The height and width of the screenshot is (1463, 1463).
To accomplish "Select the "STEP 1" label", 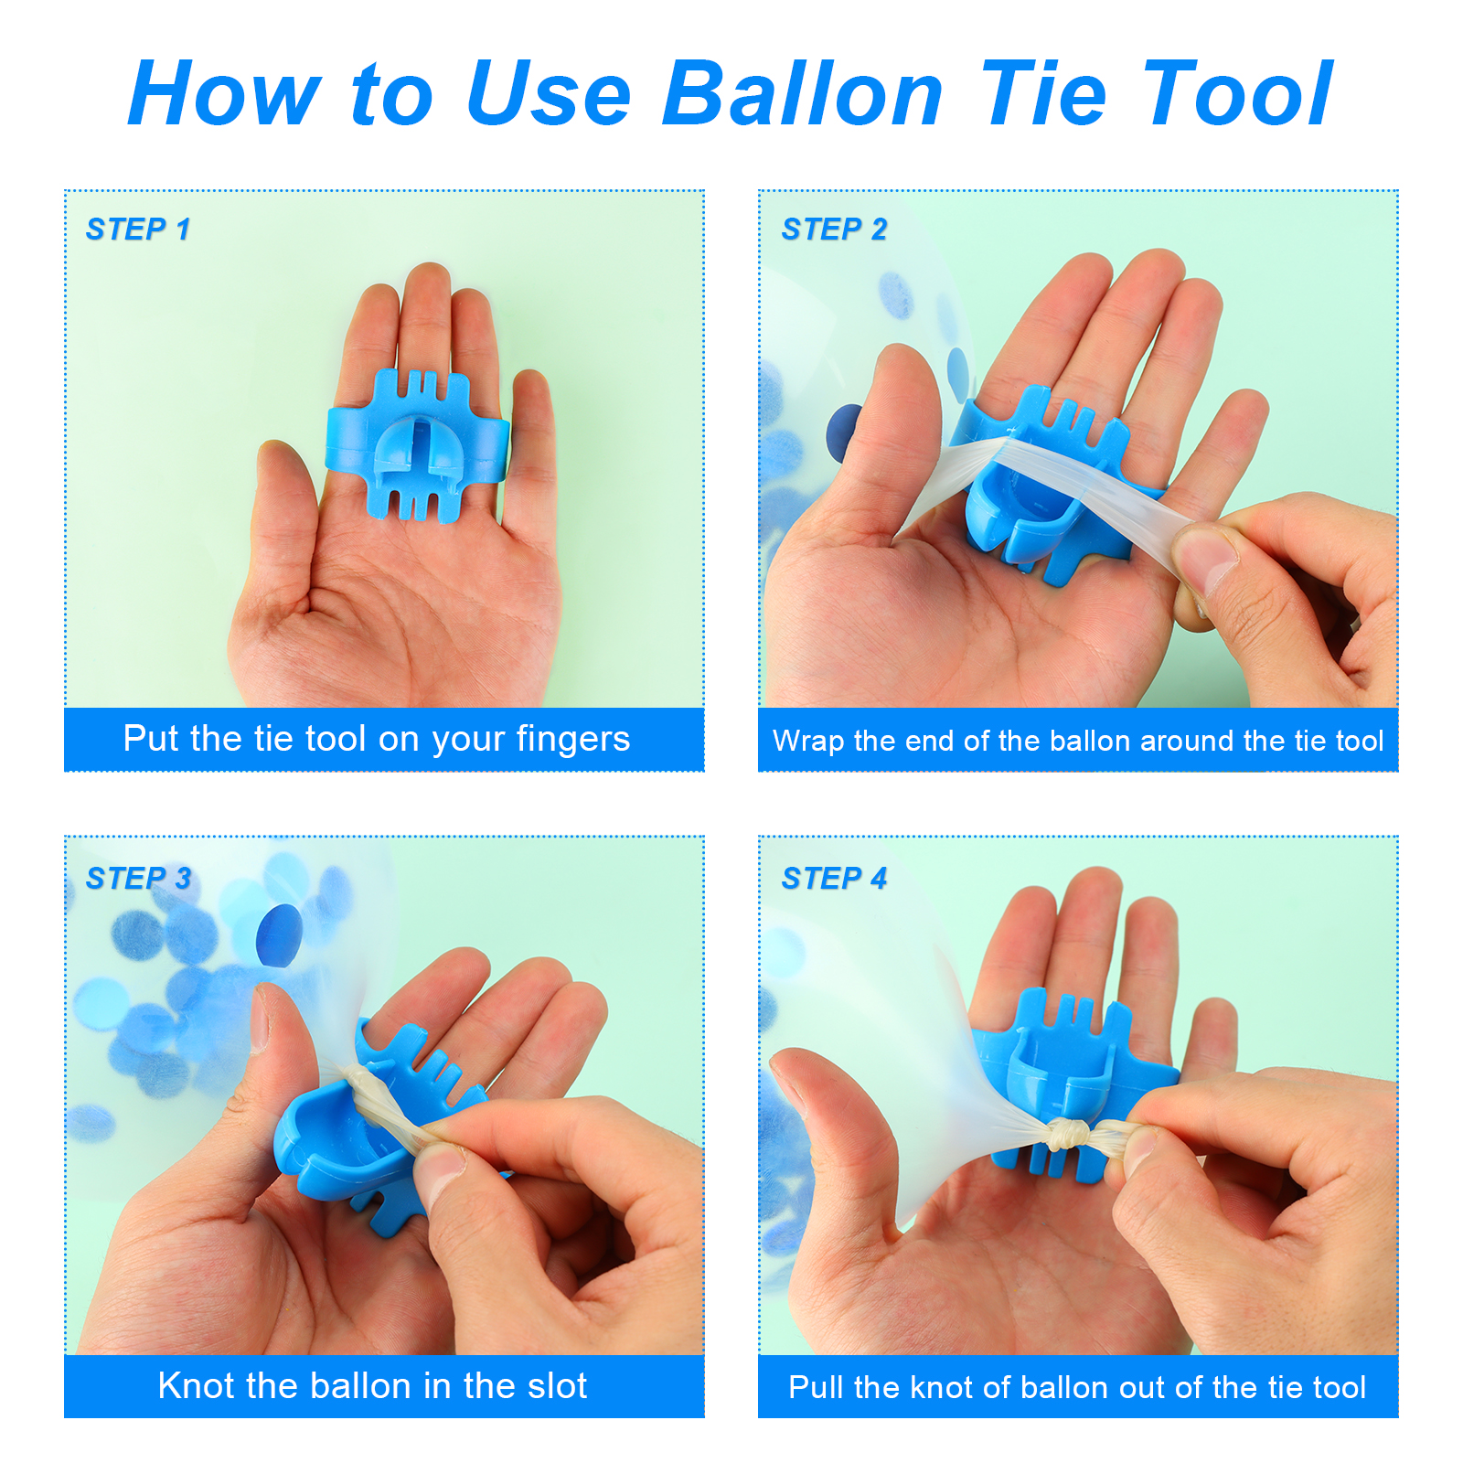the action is click(x=138, y=229).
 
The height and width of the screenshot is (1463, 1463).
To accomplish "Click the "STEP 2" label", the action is click(x=834, y=229).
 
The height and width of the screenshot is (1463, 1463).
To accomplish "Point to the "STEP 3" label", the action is click(x=138, y=878).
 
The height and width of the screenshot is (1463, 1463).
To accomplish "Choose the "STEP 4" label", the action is click(x=834, y=878).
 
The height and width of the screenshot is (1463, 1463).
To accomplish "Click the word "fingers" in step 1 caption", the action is click(x=572, y=739).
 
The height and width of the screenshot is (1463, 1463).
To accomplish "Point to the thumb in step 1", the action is click(x=289, y=512).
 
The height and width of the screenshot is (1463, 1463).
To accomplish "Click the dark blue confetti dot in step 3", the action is click(x=279, y=935).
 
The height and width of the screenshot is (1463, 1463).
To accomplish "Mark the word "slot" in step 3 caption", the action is click(x=553, y=1385).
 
